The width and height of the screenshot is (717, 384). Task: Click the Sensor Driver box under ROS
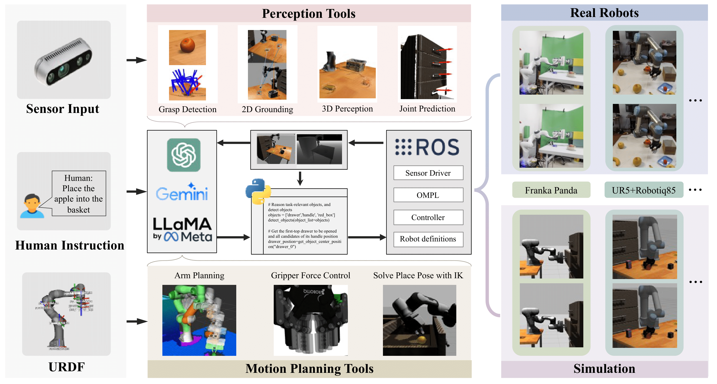point(428,173)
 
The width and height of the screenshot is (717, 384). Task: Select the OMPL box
point(428,195)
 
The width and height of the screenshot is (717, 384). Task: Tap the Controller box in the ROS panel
point(428,217)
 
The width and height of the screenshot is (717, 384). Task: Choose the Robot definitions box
point(428,239)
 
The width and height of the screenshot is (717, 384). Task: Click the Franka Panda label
point(551,190)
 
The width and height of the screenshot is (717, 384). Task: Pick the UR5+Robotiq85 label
point(643,190)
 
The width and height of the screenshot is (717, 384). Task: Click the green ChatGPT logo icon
point(184,155)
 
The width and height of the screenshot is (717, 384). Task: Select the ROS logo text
point(428,147)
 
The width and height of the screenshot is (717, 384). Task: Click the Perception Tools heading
point(309,13)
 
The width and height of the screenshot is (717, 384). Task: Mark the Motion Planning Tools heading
point(309,368)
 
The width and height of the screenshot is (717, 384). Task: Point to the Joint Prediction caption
point(427,109)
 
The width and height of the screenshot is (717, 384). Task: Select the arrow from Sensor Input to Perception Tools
point(136,60)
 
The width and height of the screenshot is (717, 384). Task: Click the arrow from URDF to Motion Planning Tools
point(136,321)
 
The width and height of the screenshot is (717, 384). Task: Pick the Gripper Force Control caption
point(310,276)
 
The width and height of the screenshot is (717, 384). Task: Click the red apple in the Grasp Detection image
point(187,45)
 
